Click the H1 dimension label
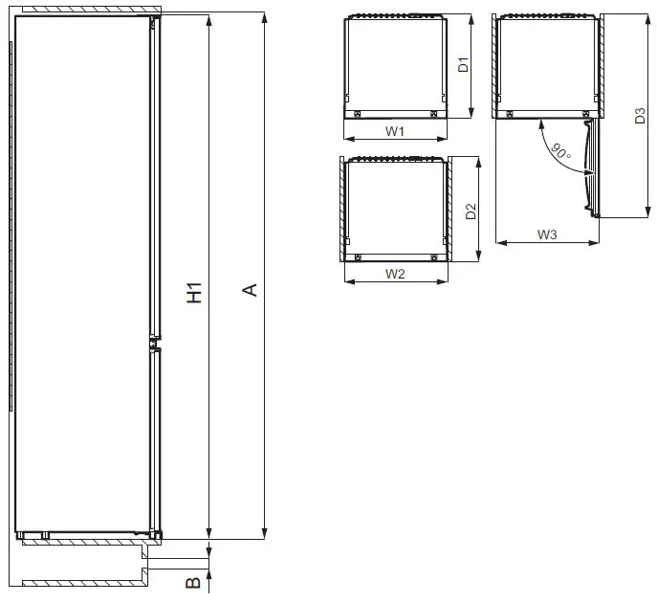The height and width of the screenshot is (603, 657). (x=195, y=293)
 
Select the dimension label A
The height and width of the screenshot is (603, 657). (x=251, y=289)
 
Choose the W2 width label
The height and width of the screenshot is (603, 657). (x=396, y=274)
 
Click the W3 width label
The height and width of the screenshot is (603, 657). (x=547, y=234)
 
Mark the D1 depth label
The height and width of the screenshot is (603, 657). (x=462, y=66)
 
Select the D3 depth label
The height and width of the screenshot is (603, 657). (x=641, y=116)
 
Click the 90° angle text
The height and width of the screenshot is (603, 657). (x=560, y=149)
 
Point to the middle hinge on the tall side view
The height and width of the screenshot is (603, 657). (x=152, y=344)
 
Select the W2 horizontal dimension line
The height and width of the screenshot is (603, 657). (x=396, y=282)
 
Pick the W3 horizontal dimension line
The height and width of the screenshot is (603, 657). (x=547, y=243)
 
